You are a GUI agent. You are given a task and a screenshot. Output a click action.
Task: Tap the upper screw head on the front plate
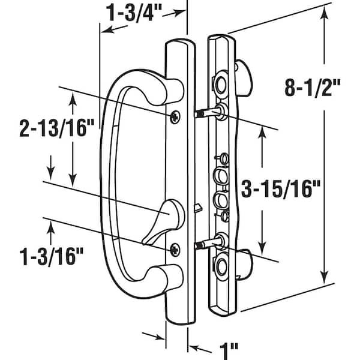click(x=175, y=116)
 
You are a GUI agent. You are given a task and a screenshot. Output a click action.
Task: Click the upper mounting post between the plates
click(x=207, y=112)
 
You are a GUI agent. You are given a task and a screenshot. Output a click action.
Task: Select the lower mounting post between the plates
click(x=207, y=244)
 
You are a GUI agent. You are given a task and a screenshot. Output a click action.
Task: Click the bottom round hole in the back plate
click(x=221, y=265)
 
